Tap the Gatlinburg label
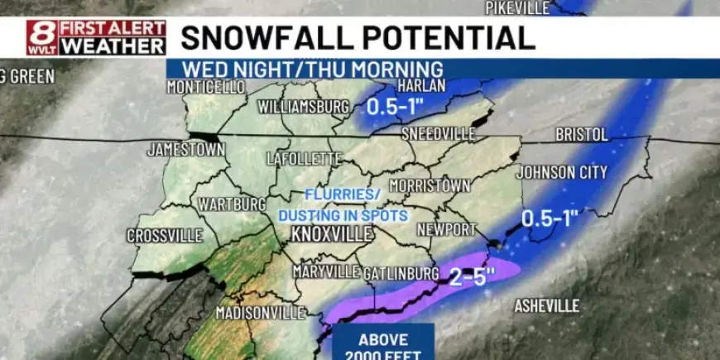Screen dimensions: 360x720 click(401, 272)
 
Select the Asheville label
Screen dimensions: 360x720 click(547, 306)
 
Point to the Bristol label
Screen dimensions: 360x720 click(581, 134)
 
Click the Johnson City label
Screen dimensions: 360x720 click(561, 172)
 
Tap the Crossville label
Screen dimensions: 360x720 click(165, 236)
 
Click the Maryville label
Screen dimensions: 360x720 click(325, 271)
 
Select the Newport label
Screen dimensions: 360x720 click(447, 228)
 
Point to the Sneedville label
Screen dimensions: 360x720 click(439, 134)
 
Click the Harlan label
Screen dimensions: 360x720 click(421, 86)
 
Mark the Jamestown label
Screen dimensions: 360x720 click(186, 150)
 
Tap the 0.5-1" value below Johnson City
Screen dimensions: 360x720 click(550, 218)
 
